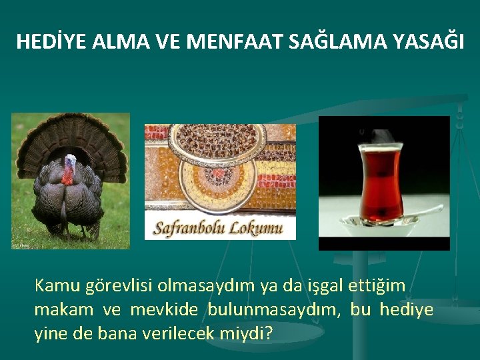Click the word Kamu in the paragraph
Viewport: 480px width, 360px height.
coord(58,286)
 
